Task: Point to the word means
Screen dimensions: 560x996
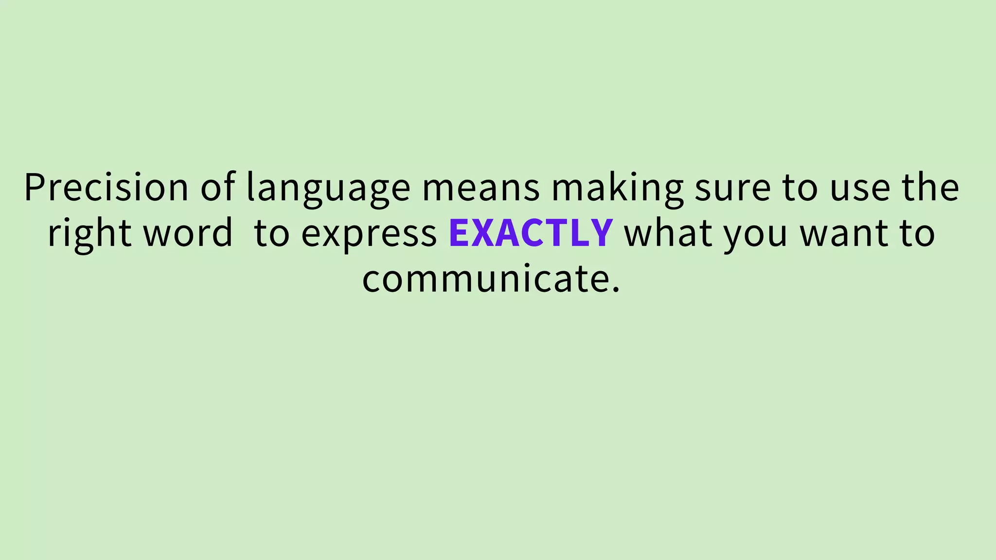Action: coord(480,188)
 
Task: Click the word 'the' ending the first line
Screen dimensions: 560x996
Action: coord(930,187)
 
